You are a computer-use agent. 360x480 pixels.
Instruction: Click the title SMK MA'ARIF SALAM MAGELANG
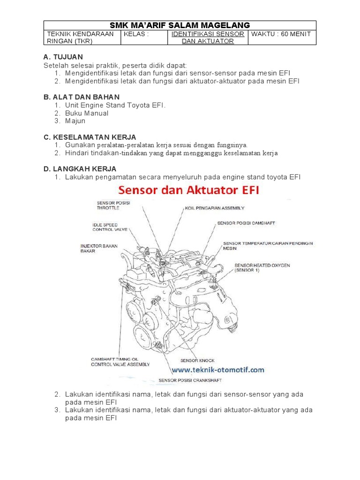pos(180,25)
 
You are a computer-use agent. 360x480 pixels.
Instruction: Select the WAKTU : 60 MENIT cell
pos(282,34)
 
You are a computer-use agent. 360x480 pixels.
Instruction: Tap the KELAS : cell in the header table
pos(136,34)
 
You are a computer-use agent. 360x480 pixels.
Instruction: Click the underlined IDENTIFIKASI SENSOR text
pos(208,34)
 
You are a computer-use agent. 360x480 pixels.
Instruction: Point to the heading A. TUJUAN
pos(63,57)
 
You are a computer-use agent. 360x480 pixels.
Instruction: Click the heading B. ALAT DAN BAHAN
pos(81,97)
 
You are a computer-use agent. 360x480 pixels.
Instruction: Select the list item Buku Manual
pos(87,113)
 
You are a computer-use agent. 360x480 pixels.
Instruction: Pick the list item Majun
pos(75,121)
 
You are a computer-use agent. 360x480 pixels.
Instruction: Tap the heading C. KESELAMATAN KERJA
pos(90,137)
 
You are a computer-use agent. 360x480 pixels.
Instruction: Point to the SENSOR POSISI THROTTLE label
pos(113,205)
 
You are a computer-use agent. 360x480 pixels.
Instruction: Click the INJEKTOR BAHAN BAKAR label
pos(99,248)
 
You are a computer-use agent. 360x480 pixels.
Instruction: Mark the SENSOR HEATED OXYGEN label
pos(262,268)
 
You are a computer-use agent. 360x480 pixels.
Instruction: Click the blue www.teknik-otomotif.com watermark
pos(217,370)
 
